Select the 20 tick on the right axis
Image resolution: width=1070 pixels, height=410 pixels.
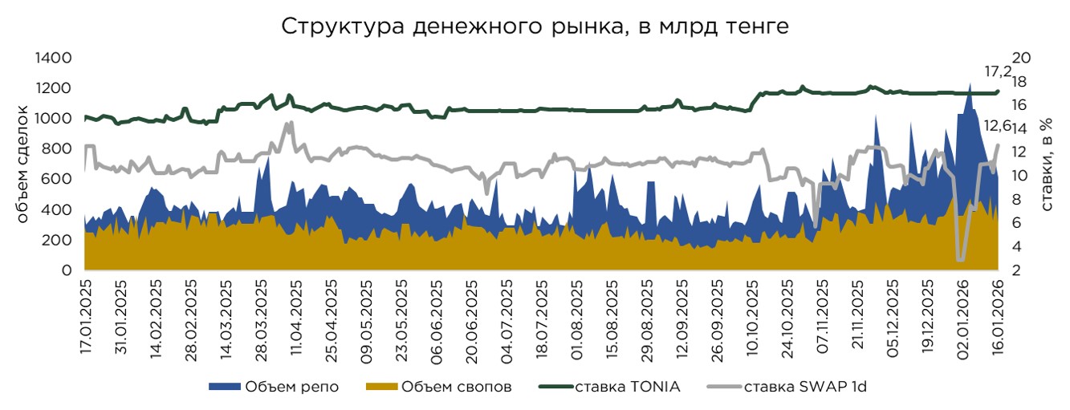pyautogui.click(x=1027, y=58)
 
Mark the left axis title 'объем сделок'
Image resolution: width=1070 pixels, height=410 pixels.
pyautogui.click(x=22, y=164)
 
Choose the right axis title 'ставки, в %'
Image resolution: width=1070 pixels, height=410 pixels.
pyautogui.click(x=1048, y=164)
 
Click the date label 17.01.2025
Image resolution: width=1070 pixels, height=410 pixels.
pyautogui.click(x=87, y=318)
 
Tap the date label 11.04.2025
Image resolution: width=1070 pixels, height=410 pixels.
pyautogui.click(x=297, y=318)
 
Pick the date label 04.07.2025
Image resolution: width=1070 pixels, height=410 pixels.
pyautogui.click(x=507, y=318)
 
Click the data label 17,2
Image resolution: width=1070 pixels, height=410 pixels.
pyautogui.click(x=998, y=72)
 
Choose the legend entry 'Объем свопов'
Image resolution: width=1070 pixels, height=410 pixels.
pyautogui.click(x=438, y=388)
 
